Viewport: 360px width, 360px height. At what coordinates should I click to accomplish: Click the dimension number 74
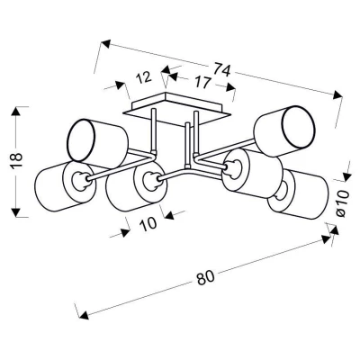[x=222, y=71]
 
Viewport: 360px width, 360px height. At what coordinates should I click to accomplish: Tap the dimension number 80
[x=206, y=278]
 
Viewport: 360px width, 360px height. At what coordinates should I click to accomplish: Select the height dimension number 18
[x=17, y=161]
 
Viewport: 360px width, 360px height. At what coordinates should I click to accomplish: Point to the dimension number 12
[x=144, y=78]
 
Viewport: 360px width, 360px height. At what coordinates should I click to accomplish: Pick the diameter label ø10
[x=342, y=203]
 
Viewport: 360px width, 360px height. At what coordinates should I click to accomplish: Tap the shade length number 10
[x=148, y=224]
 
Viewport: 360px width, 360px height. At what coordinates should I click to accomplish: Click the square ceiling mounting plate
[x=176, y=109]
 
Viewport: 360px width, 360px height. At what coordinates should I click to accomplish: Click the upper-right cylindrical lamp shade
[x=284, y=130]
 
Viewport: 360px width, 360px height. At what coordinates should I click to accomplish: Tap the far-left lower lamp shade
[x=66, y=186]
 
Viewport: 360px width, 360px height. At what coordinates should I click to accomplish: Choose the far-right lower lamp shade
[x=299, y=193]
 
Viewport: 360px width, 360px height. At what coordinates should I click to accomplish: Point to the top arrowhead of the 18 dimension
[x=16, y=112]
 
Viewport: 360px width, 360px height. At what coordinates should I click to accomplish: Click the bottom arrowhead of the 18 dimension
[x=16, y=211]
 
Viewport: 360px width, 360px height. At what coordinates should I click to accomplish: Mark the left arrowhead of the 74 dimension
[x=106, y=44]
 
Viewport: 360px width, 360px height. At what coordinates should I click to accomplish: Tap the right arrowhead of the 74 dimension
[x=337, y=94]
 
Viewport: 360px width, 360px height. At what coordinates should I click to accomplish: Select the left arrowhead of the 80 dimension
[x=84, y=314]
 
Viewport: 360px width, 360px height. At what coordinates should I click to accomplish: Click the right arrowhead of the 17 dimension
[x=230, y=86]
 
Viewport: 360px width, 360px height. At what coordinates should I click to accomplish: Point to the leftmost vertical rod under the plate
[x=154, y=130]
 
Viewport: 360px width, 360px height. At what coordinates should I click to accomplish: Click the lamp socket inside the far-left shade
[x=80, y=181]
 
